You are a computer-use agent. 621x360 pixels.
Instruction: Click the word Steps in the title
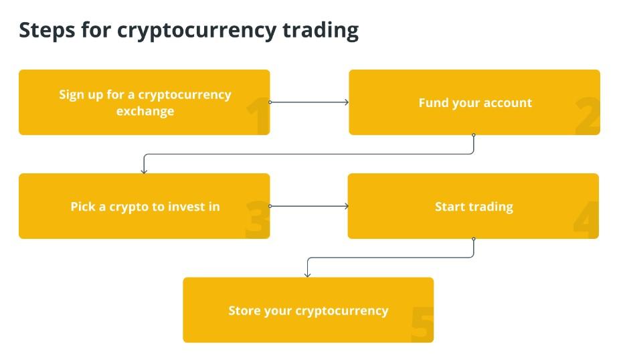[47, 31]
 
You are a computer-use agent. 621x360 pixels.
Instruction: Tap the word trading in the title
[321, 31]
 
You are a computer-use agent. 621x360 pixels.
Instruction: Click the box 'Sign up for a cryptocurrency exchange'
[144, 102]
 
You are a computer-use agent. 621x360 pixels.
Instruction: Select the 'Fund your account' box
[474, 102]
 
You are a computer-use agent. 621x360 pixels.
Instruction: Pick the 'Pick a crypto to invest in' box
[144, 206]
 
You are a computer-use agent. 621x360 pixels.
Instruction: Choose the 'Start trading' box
[473, 206]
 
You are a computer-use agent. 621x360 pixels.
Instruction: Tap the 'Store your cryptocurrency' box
[308, 310]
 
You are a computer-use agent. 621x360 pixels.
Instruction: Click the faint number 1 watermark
[258, 117]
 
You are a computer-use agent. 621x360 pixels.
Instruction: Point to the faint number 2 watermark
[588, 116]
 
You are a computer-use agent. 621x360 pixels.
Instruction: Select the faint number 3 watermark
[258, 219]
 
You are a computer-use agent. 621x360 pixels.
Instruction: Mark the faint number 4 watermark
[586, 219]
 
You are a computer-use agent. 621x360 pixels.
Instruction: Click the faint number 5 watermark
[422, 324]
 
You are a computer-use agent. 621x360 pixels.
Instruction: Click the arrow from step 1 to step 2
[309, 102]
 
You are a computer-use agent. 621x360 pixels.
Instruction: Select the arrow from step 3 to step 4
[309, 206]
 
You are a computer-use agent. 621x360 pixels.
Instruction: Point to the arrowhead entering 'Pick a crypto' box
[144, 171]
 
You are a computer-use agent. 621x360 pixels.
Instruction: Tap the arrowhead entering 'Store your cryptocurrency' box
[308, 275]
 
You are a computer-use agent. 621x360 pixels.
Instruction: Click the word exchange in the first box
[145, 111]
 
